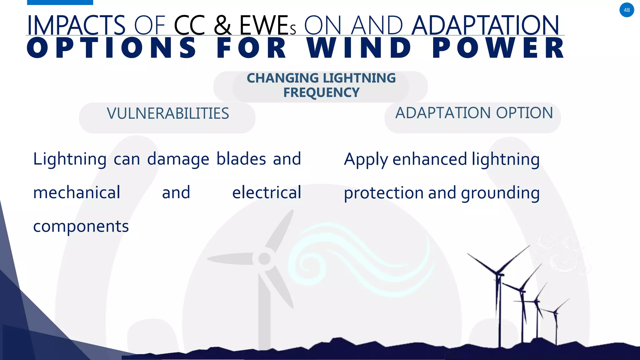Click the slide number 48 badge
[627, 10]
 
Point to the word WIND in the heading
[359, 48]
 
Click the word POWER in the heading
[498, 48]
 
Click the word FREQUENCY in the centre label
[321, 92]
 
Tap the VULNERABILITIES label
[168, 113]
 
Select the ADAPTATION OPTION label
[474, 113]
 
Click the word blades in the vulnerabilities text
[241, 159]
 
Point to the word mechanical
[77, 192]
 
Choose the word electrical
[267, 192]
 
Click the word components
[81, 226]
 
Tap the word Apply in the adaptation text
[365, 159]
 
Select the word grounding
[500, 193]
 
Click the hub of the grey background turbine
[264, 259]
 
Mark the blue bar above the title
[60, 2]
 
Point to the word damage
[178, 159]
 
